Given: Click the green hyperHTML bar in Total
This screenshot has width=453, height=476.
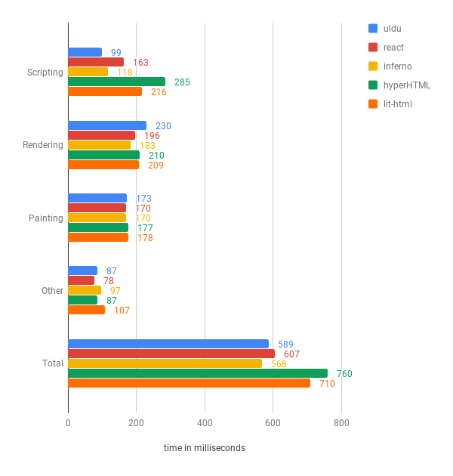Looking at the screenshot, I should pos(198,373).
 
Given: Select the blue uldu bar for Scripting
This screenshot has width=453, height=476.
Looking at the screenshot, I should pos(85,52).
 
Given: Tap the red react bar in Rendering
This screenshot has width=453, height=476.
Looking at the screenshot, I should pos(101,135).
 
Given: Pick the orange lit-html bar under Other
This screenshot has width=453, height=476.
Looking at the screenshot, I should pos(86,310).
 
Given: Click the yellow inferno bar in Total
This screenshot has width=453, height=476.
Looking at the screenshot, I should pos(165,363).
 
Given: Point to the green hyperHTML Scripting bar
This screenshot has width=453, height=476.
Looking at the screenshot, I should pos(116,82).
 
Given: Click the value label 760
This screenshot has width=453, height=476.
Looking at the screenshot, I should pos(344,373).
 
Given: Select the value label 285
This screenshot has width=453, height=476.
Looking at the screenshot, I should pos(181,82).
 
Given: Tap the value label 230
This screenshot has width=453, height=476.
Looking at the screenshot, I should pos(163,125).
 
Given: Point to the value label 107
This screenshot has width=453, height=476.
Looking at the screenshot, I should pos(122,310).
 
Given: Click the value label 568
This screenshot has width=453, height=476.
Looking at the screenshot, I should pos(279,363).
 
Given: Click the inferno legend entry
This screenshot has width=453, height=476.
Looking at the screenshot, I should pos(397,66).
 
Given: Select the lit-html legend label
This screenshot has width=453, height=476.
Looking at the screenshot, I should pos(397,104).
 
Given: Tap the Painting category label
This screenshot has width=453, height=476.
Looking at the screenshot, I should pos(45,218).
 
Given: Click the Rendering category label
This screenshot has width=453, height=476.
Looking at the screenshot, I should pos(42,145).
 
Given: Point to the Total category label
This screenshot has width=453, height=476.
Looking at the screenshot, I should pos(53,363).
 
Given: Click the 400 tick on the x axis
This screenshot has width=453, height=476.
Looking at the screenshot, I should pos(205,423).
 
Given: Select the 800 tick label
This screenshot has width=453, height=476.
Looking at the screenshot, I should pos(341,423).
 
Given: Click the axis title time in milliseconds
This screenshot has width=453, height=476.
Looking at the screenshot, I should pos(205,448).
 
